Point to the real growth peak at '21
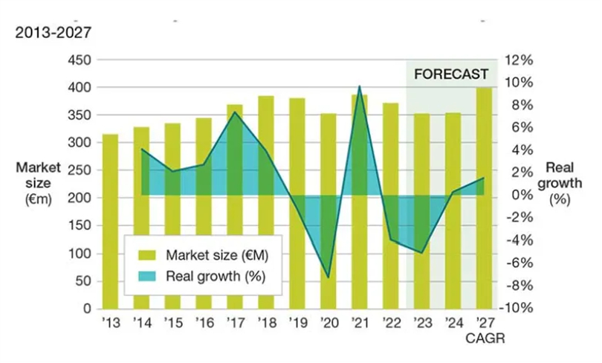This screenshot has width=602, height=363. click(x=360, y=86)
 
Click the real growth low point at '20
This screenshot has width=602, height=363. click(x=328, y=277)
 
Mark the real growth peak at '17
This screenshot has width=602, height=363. click(x=235, y=112)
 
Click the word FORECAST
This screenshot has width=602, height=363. click(x=451, y=74)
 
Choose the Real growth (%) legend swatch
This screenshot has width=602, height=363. click(x=141, y=276)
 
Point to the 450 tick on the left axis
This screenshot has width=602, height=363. click(x=77, y=60)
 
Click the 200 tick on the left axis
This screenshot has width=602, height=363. click(x=77, y=198)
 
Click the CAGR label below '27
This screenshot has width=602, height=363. click(x=485, y=338)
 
